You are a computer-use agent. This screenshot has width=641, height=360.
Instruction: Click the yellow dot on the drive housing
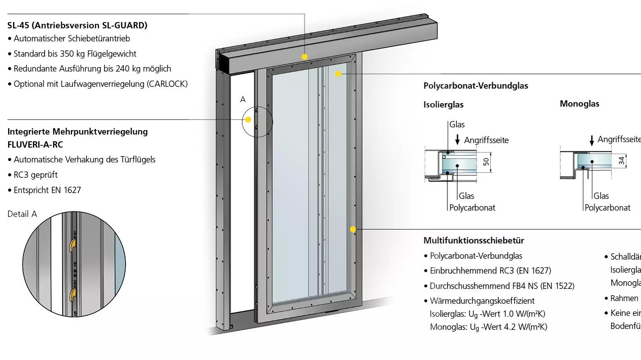(x=305, y=57)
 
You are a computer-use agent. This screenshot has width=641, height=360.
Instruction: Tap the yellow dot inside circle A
(x=248, y=120)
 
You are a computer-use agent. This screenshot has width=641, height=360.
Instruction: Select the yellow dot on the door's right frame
(x=353, y=229)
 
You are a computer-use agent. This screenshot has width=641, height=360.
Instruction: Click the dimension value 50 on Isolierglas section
(x=486, y=162)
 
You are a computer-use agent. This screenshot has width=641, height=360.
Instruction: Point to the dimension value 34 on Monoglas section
(x=622, y=160)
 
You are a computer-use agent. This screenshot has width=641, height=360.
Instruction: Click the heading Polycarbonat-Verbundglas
(x=476, y=85)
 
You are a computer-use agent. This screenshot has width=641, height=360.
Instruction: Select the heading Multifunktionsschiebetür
(x=474, y=240)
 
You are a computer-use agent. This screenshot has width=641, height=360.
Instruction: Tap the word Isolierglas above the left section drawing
(x=443, y=104)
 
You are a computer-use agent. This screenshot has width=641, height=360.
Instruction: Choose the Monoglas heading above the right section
(x=579, y=103)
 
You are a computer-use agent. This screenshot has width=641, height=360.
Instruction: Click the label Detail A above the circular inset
(x=22, y=214)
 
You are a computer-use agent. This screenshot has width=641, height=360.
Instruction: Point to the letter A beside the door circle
(x=243, y=99)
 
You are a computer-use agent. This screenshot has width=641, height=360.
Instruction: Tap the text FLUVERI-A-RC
(x=35, y=144)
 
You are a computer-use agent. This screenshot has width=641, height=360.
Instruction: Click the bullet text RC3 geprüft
(x=36, y=175)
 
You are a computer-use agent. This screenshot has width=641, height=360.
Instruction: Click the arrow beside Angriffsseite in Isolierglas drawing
(x=457, y=139)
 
